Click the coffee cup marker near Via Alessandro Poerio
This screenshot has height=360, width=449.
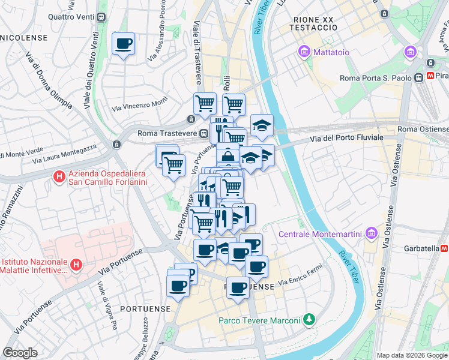pos(123,44)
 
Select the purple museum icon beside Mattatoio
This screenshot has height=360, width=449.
pos(304,52)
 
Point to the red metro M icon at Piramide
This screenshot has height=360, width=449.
pos(430,77)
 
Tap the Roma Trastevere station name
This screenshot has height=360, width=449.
pos(167,133)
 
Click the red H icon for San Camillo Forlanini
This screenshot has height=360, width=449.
pos(58,177)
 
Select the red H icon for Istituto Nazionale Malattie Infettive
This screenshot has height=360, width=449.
pos(76,263)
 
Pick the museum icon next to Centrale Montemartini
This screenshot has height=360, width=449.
pos(370,232)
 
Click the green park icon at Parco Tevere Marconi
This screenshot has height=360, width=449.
pos(309,319)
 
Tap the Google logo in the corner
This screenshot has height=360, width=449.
pos(20,353)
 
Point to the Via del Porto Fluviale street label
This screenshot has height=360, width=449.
pos(346,139)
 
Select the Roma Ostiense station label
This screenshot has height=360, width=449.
pos(423,129)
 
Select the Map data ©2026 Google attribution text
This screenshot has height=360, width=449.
pos(411,355)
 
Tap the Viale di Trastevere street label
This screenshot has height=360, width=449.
pos(196,45)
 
